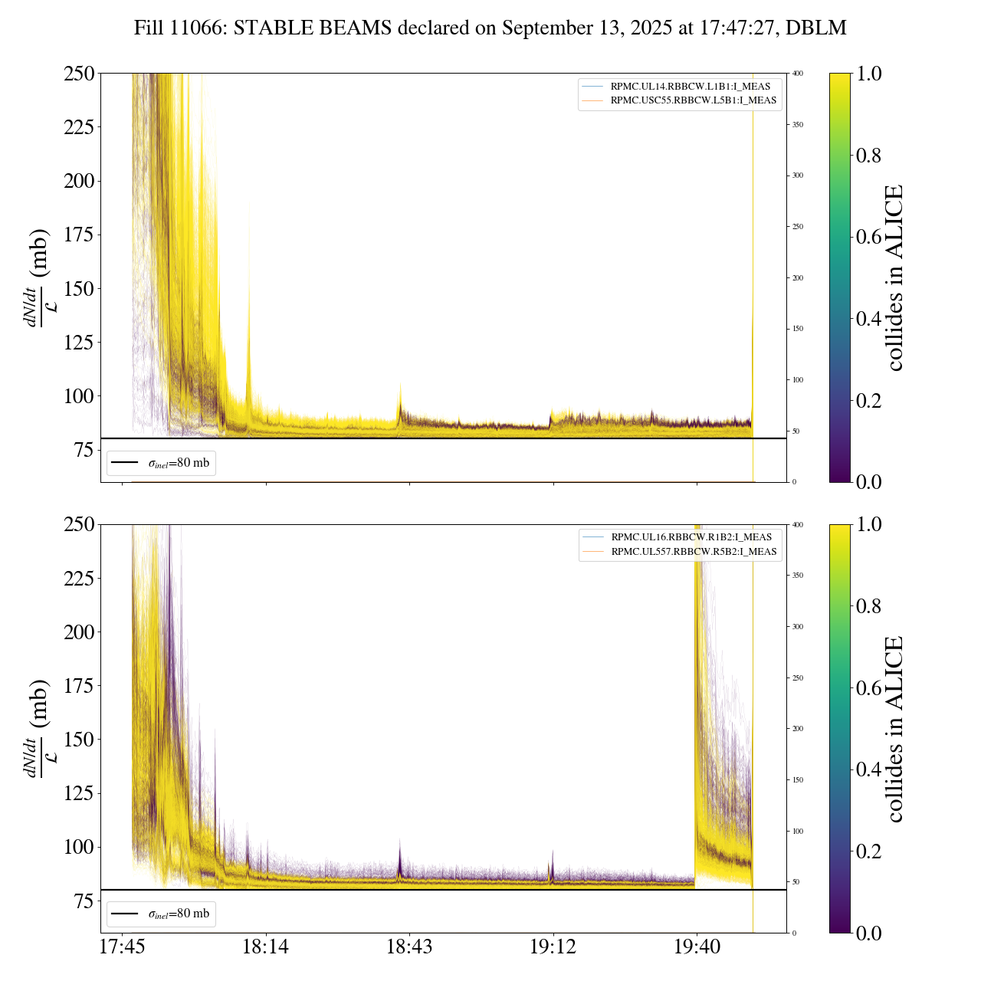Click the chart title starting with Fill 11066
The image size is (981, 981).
click(x=490, y=28)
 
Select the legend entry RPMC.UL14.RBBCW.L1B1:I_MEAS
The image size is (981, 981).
click(x=690, y=87)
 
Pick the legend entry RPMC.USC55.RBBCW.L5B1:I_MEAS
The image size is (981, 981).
click(x=693, y=100)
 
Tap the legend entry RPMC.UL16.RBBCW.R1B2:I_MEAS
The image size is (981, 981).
click(x=691, y=537)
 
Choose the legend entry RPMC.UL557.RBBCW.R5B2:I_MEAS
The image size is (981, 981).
click(x=694, y=552)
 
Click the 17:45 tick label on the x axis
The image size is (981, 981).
click(x=122, y=947)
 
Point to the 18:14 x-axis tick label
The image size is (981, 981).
click(x=265, y=947)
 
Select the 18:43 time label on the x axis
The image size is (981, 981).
click(x=409, y=947)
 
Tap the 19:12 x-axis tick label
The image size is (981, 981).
click(x=553, y=947)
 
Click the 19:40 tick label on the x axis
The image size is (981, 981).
click(x=697, y=947)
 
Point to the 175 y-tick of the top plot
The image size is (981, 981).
click(x=78, y=235)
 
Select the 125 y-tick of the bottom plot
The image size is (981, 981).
click(x=78, y=793)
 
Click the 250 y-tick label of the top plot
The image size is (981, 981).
click(x=78, y=74)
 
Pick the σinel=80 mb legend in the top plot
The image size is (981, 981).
click(x=162, y=463)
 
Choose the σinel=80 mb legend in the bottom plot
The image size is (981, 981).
click(x=162, y=914)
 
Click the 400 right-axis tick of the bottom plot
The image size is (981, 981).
click(x=798, y=525)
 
